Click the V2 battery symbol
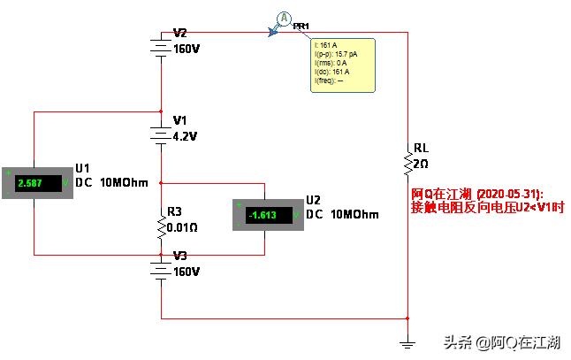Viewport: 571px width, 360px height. (161, 46)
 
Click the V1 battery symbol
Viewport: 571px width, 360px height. (161, 135)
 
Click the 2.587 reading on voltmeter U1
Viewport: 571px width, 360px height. (36, 184)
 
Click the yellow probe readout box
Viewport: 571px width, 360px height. (342, 65)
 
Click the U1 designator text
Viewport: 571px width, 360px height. (83, 168)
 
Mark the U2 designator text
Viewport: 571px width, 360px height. (313, 199)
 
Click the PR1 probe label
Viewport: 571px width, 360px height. (301, 27)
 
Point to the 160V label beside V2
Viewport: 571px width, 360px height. (187, 48)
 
